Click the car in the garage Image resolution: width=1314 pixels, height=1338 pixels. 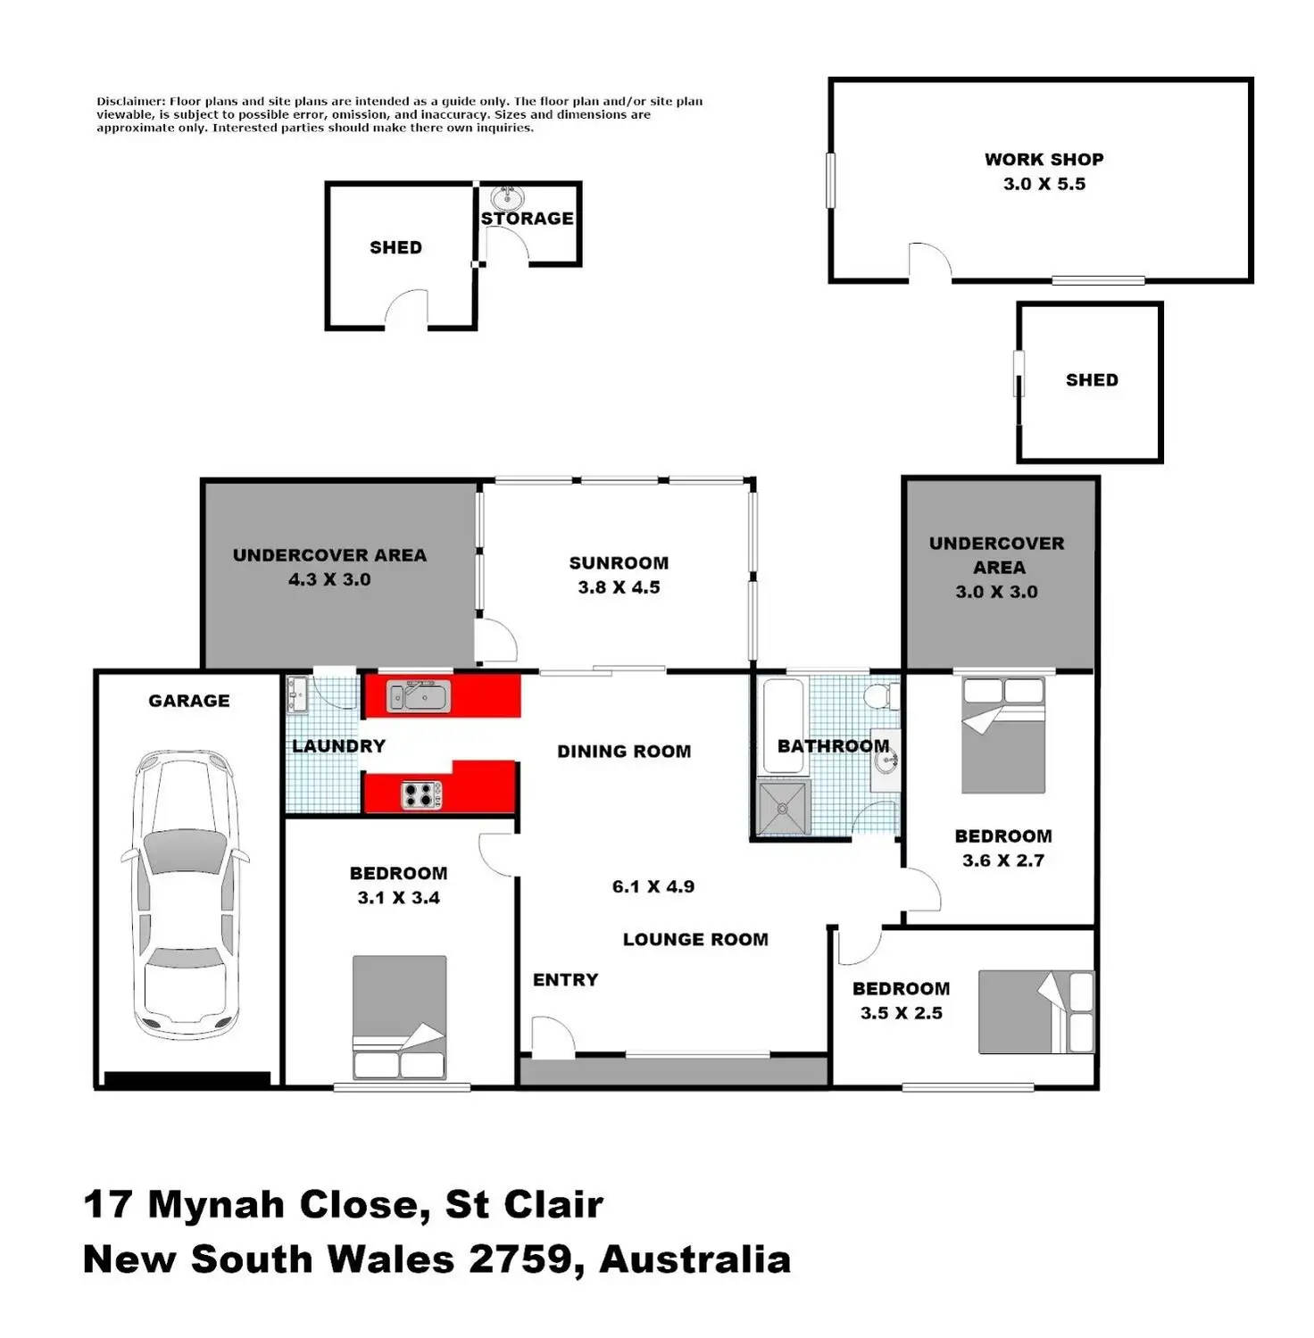[x=186, y=893]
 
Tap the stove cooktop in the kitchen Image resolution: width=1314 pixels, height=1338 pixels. [x=420, y=794]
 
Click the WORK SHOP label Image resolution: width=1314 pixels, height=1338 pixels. [x=1044, y=160]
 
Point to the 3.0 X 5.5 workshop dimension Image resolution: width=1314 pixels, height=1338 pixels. [x=1044, y=184]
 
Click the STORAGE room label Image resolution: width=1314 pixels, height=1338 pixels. [x=527, y=219]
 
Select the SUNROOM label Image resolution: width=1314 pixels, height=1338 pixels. [x=619, y=563]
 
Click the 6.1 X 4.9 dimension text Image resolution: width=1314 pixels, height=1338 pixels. [x=653, y=886]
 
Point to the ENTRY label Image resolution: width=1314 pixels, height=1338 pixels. [x=565, y=980]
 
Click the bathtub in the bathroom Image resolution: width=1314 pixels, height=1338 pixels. [x=783, y=724]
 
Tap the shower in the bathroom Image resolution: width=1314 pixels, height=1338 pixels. [x=783, y=808]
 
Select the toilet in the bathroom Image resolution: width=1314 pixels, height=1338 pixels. [x=883, y=695]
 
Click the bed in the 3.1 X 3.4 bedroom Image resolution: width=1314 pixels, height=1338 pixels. [x=399, y=1017]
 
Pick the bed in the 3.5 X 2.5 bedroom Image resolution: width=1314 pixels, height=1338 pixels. [x=1035, y=1012]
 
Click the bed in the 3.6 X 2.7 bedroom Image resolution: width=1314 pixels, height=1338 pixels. [x=1002, y=735]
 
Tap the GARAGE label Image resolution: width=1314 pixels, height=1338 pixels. [x=188, y=702]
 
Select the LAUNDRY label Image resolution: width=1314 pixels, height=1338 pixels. [x=338, y=746]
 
